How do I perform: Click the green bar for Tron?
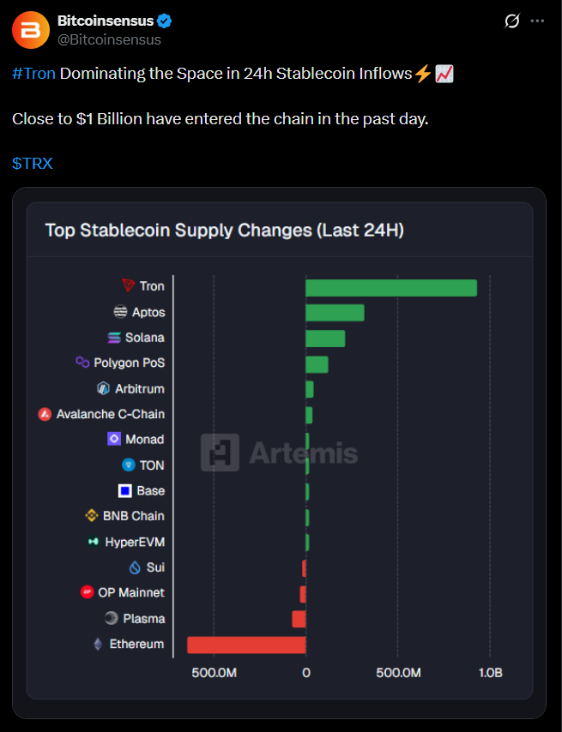pos(390,287)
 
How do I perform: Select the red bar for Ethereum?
pos(246,645)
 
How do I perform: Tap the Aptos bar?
pos(335,313)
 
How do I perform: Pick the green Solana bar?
pos(325,339)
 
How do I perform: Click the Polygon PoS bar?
pos(317,364)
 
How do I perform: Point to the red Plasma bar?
pos(299,619)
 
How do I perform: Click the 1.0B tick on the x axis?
pos(490,673)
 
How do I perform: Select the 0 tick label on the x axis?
pos(305,673)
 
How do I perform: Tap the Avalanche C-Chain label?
pos(110,414)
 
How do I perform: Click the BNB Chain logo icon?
pos(92,516)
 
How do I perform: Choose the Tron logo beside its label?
pos(129,285)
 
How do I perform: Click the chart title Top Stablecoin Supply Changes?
pos(224,230)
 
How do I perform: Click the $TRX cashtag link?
pos(33,163)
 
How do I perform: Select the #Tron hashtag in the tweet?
pos(34,74)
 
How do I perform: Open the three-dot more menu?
pos(537,21)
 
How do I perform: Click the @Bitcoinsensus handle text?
pos(109,39)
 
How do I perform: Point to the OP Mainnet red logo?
pos(87,592)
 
